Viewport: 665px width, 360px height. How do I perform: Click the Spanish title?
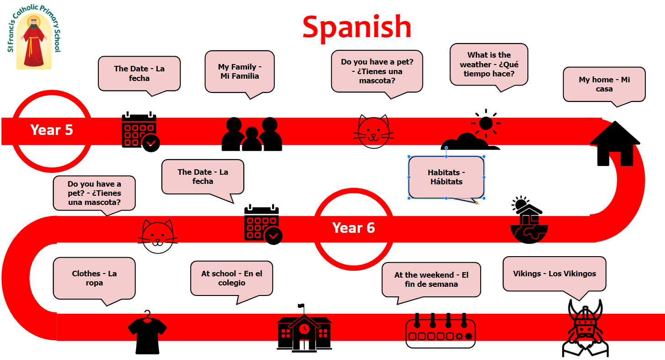point(357,28)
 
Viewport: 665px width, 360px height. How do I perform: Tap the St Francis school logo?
point(34,37)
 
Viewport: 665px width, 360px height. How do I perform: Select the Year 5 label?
point(52,130)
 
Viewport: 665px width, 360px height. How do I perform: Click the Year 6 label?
point(354,228)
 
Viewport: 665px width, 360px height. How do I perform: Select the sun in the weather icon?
point(486,123)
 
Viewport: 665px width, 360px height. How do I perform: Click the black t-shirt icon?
point(147,333)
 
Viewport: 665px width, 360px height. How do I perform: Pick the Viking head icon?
point(585,328)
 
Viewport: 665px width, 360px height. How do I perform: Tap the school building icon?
point(304,328)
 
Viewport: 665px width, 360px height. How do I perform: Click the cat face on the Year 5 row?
point(374,131)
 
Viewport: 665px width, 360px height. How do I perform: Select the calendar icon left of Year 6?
point(263,225)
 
